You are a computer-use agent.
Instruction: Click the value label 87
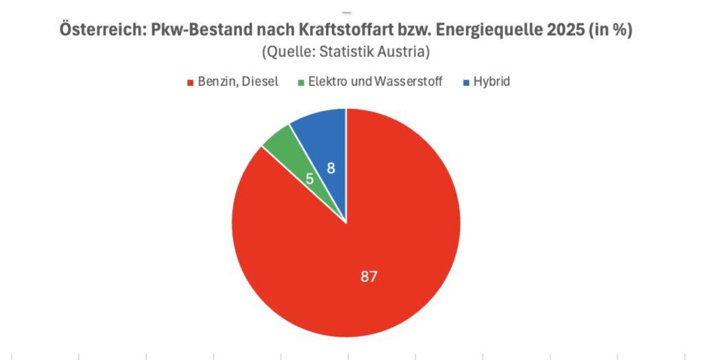[x=370, y=276]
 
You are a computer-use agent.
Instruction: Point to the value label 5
[x=310, y=180]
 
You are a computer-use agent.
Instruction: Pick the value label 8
[x=330, y=167]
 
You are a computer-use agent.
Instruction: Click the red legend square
[x=190, y=82]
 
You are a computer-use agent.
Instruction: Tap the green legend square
[x=300, y=82]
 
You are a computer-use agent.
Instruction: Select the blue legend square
[x=466, y=82]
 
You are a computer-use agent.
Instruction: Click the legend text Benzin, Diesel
[x=237, y=82]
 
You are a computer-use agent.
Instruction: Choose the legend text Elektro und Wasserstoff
[x=375, y=82]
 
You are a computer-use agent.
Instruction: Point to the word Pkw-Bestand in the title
[x=203, y=31]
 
